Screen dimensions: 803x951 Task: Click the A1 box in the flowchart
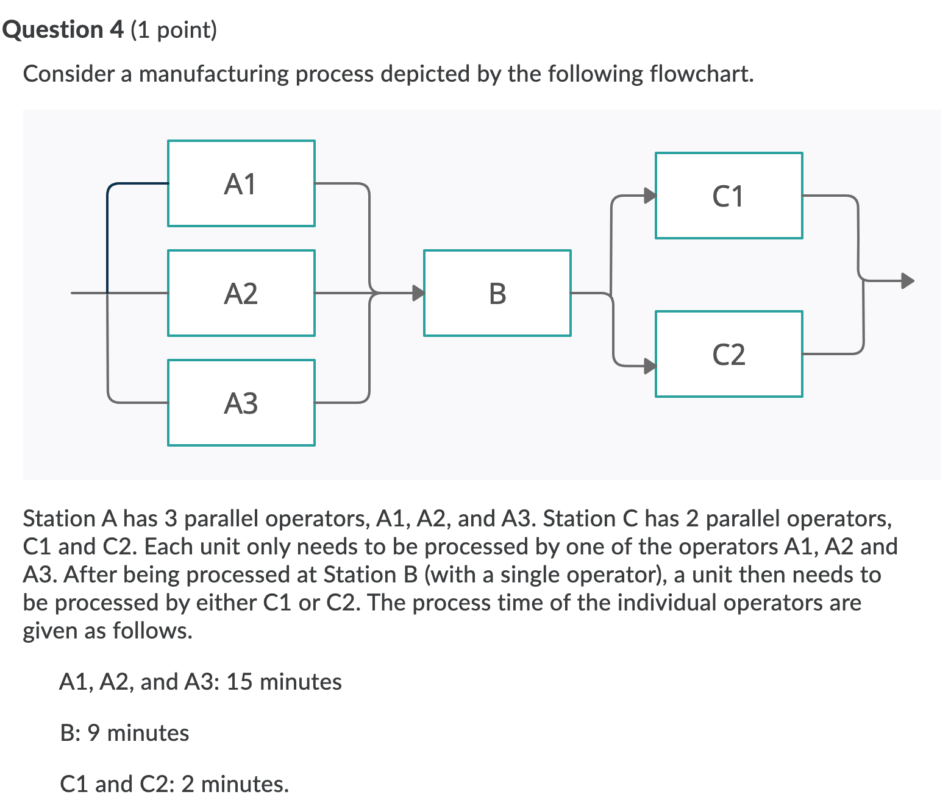241,183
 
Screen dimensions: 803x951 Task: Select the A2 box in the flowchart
241,293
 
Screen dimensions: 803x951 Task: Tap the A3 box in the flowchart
241,403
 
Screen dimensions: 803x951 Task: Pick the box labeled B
497,293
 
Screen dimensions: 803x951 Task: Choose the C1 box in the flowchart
729,196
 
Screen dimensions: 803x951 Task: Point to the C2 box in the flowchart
729,354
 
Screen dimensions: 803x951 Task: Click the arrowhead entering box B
418,293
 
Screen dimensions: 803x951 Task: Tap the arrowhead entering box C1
650,196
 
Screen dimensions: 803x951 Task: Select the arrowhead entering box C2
650,366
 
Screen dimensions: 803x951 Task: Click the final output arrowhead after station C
908,281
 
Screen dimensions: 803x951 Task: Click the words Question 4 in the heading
63,29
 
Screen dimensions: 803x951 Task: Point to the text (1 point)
174,29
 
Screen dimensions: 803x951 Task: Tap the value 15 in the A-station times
239,682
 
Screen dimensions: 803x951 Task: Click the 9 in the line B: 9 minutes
93,733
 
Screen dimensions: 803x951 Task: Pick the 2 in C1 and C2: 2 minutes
188,784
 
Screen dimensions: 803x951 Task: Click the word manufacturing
213,74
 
